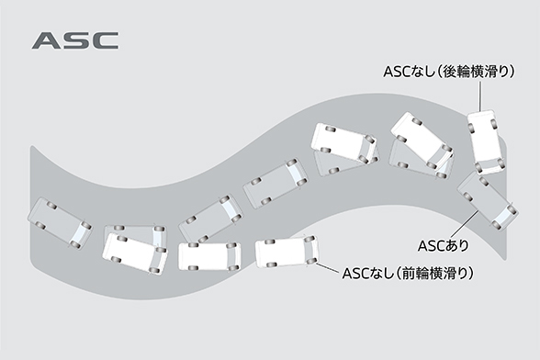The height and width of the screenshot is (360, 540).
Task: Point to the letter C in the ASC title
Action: click(103, 41)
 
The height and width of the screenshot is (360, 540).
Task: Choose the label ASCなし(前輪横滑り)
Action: click(409, 273)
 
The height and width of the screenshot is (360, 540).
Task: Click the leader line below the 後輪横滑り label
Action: click(484, 96)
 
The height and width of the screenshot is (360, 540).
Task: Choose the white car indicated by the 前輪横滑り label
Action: click(286, 253)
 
